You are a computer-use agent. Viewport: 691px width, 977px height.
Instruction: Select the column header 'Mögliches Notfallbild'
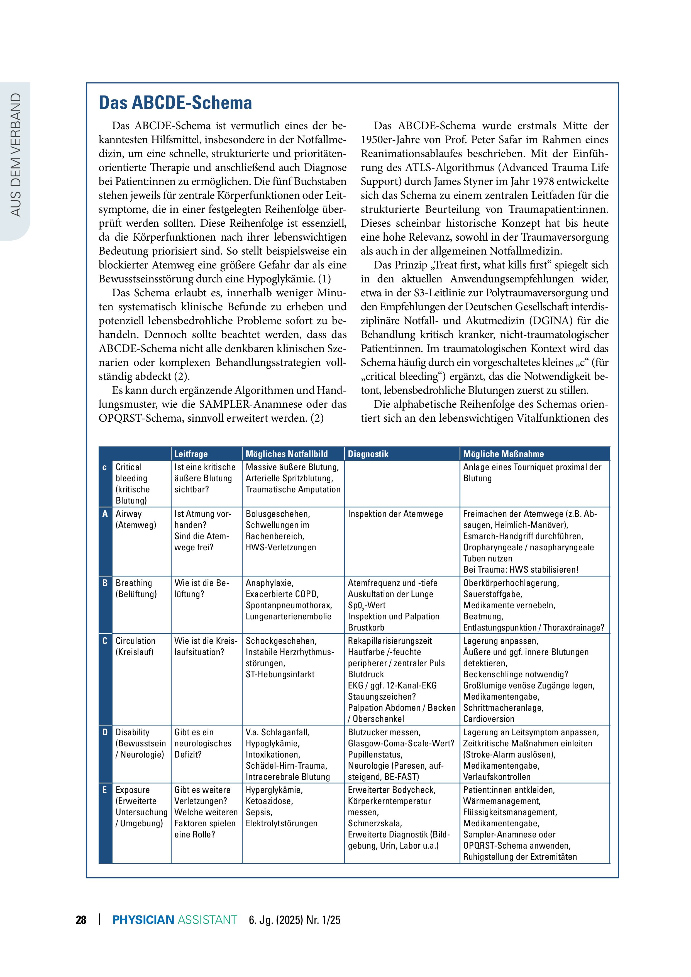tap(287, 454)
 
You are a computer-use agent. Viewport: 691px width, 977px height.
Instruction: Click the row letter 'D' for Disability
tap(105, 732)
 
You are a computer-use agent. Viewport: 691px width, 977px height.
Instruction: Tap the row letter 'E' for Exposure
tap(105, 790)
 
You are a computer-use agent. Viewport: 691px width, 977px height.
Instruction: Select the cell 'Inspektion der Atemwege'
tap(395, 514)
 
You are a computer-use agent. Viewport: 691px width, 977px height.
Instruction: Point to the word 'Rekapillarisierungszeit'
tap(390, 641)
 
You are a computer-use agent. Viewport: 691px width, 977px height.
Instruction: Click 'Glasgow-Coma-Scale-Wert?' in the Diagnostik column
tap(401, 743)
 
